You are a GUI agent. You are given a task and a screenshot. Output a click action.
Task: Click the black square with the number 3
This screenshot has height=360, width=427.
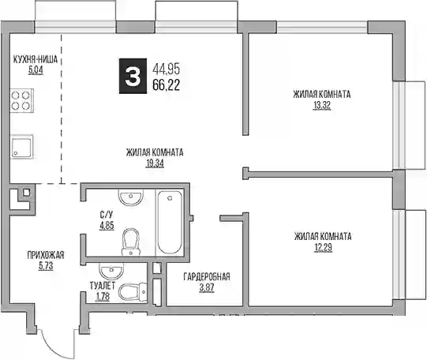133,76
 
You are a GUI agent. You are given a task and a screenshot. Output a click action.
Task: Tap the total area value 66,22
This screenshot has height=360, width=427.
167,85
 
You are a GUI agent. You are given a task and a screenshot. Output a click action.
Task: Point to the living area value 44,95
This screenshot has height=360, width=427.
167,69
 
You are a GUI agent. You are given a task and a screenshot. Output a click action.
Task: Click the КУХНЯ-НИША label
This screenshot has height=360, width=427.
36,59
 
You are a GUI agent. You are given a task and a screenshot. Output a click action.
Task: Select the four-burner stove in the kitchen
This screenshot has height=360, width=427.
22,100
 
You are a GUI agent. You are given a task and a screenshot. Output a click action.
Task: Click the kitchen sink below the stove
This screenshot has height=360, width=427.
22,146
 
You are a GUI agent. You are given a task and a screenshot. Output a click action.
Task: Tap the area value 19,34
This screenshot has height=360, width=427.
155,163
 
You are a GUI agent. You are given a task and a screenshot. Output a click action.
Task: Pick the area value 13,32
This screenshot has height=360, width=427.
321,105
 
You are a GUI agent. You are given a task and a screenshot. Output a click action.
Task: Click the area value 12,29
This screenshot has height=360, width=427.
323,248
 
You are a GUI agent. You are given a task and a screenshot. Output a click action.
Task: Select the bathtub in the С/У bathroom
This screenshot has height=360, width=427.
170,223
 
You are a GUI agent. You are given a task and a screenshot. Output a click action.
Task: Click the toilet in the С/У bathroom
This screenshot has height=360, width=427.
131,242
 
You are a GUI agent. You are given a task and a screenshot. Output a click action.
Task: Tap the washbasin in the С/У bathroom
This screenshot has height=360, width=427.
131,197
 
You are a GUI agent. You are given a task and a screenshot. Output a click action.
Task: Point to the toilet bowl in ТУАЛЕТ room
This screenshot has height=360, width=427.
133,291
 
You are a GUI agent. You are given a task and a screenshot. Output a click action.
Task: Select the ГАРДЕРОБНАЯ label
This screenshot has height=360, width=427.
207,276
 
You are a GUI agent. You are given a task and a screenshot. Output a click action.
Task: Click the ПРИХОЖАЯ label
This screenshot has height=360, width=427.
46,255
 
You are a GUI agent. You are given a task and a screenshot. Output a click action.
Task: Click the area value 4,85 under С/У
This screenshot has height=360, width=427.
107,226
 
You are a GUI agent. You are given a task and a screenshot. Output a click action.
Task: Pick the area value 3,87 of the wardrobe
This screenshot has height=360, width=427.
207,288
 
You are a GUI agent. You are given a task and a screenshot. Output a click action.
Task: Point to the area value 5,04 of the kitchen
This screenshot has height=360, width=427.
36,70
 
